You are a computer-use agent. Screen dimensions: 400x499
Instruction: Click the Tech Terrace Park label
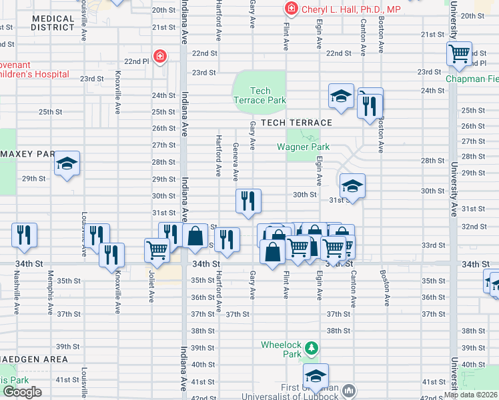click(260, 95)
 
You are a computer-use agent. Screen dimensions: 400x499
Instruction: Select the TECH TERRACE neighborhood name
click(296, 123)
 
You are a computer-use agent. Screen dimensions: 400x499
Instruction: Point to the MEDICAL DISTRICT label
click(53, 23)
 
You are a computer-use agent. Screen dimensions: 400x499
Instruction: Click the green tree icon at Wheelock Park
click(311, 348)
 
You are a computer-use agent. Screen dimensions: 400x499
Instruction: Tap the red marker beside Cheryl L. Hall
click(291, 9)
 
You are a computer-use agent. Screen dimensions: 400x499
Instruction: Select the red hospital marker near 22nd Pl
click(159, 57)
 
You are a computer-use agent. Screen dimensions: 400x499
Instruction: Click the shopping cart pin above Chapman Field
click(460, 54)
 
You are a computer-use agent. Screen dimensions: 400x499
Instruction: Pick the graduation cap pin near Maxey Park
click(67, 164)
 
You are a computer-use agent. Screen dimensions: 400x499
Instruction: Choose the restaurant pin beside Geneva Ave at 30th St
click(248, 200)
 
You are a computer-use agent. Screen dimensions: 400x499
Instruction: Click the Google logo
click(22, 392)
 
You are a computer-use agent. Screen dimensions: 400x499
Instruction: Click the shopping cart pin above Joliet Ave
click(157, 250)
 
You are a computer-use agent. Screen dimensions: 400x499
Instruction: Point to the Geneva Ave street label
click(235, 161)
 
